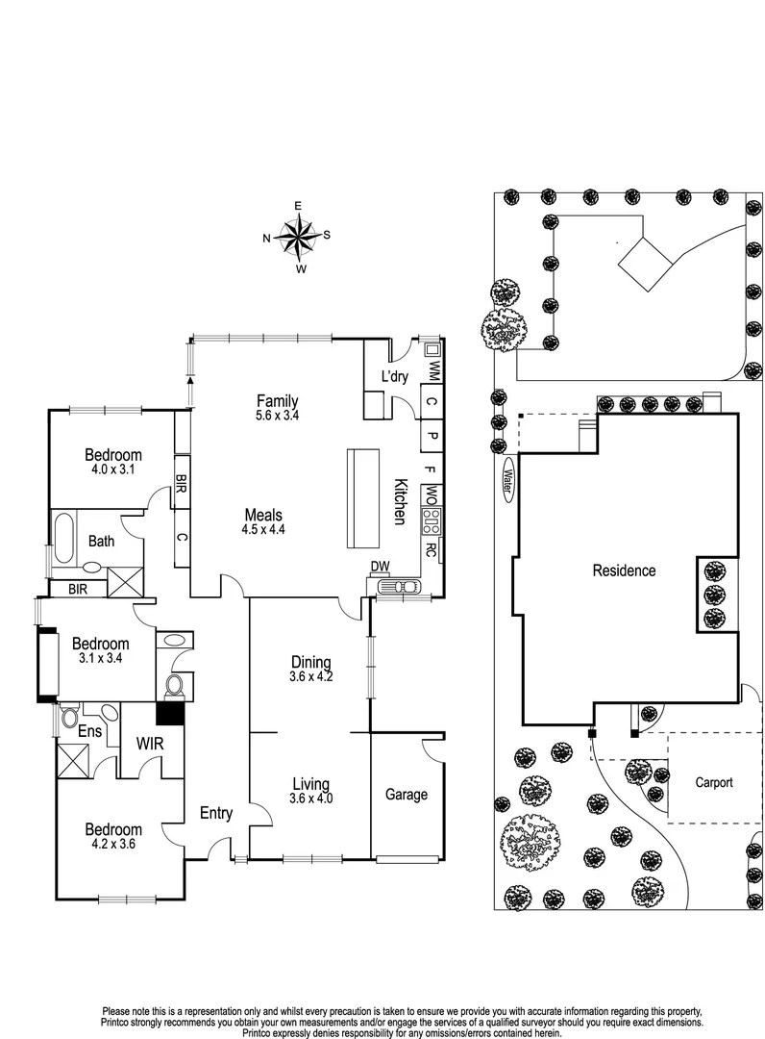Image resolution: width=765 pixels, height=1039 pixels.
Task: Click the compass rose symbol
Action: click(298, 238)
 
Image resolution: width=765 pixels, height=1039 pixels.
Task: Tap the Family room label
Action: click(278, 400)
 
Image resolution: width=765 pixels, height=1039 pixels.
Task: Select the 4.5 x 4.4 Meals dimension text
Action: click(263, 529)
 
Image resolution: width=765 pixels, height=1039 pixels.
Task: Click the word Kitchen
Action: click(401, 501)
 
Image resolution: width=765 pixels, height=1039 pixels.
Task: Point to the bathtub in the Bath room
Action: click(64, 536)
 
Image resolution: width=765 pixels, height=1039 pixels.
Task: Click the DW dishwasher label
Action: click(380, 567)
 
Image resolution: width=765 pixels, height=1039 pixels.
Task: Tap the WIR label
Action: click(150, 744)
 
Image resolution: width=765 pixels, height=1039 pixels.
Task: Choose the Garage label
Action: click(407, 794)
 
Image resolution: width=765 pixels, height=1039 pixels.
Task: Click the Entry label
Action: click(215, 813)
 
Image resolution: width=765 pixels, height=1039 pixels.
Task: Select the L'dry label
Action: click(394, 376)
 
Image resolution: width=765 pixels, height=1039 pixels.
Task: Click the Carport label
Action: click(714, 782)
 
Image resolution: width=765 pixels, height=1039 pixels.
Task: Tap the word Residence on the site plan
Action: click(624, 570)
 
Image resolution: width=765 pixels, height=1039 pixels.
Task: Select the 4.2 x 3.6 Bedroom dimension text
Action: click(113, 845)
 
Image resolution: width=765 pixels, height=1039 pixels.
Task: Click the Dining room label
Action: click(311, 662)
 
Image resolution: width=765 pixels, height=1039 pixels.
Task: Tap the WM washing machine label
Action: click(433, 370)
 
